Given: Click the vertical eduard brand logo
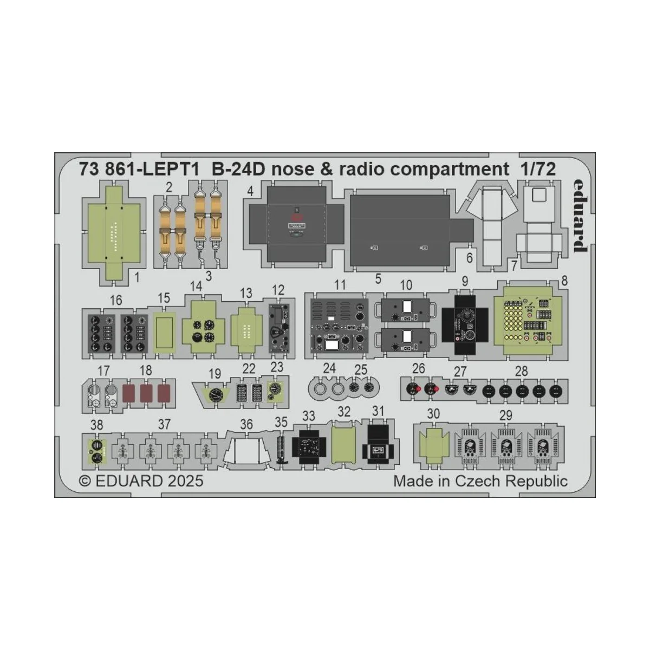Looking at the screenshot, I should (578, 215).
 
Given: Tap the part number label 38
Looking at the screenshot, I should (96, 425).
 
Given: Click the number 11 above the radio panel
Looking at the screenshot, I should (340, 285).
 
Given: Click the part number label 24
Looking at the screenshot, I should (329, 369).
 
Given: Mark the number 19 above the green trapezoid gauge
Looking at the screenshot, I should (215, 373).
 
